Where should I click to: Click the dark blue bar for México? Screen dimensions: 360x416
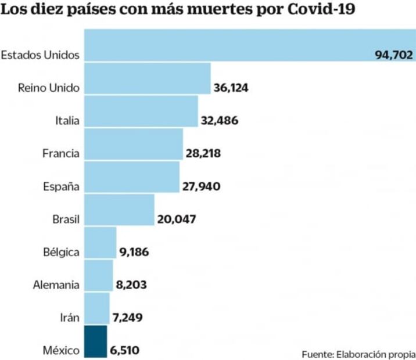[96, 341]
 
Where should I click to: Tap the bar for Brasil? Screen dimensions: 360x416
[120, 210]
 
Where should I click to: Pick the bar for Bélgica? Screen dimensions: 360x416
[101, 243]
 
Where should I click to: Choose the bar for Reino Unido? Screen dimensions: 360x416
[148, 78]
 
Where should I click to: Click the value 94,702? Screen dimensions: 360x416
[393, 56]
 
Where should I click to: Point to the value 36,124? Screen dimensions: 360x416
[233, 88]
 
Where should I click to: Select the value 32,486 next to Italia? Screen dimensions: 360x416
[220, 121]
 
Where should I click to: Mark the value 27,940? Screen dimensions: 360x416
[201, 186]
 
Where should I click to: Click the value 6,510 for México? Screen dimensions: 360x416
[124, 350]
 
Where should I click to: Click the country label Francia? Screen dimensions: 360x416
[60, 154]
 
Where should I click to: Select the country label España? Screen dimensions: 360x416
[61, 187]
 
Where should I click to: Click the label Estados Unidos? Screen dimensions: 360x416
[40, 56]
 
